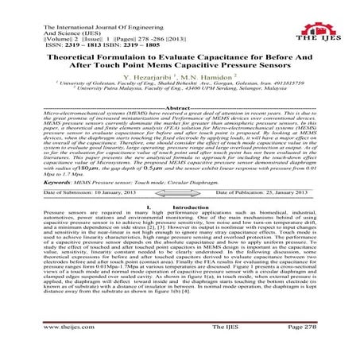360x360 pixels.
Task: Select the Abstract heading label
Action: [x=180, y=106]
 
